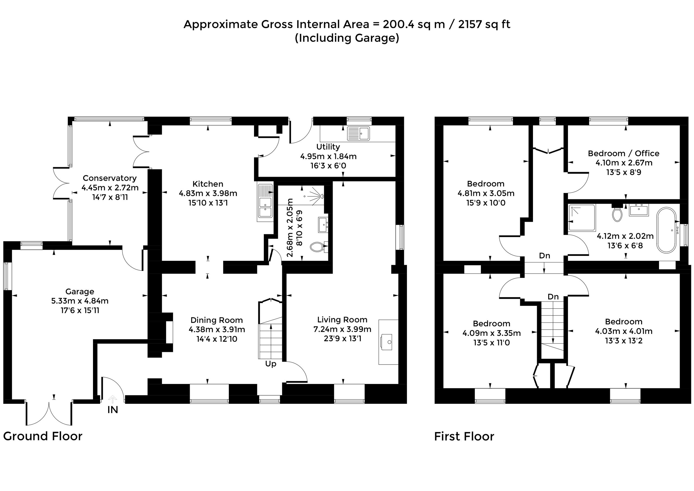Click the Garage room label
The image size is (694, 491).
click(80, 291)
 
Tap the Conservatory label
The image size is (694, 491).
click(110, 178)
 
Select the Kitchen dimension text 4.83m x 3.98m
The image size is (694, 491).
click(208, 193)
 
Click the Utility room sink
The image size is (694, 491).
click(358, 133)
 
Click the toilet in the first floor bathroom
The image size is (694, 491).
click(616, 214)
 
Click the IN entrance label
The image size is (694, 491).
click(113, 410)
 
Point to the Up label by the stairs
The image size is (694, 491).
click(271, 364)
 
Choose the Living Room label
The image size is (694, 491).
click(342, 320)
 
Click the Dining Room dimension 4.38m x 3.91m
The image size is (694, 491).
click(217, 330)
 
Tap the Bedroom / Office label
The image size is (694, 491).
click(624, 153)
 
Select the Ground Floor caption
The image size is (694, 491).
click(43, 436)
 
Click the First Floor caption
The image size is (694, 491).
click(464, 437)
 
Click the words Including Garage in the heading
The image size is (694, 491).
click(347, 38)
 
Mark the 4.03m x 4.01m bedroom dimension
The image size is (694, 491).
click(624, 331)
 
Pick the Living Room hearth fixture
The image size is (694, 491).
click(388, 342)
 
